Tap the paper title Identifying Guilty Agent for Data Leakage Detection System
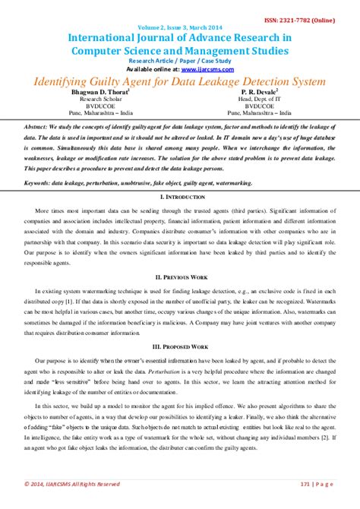(180, 79)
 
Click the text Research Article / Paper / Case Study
(180, 60)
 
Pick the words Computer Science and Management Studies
(180, 51)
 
